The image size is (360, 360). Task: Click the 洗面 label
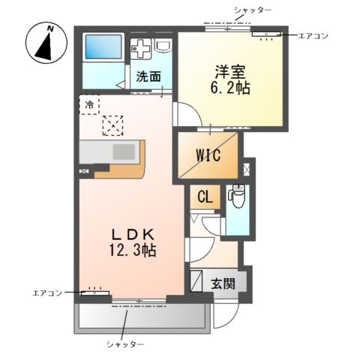click(148, 76)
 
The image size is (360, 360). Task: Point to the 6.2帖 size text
click(230, 88)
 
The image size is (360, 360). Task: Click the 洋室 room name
click(230, 73)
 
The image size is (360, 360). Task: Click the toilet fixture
click(237, 196)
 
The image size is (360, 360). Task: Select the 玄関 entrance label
click(222, 283)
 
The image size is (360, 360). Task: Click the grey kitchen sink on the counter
click(124, 151)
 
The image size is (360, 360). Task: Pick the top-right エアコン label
click(313, 35)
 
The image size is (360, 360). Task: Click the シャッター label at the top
click(252, 9)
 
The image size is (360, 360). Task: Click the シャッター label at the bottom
click(124, 343)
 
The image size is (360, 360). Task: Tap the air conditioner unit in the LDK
click(95, 292)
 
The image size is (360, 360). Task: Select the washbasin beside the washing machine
click(163, 48)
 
